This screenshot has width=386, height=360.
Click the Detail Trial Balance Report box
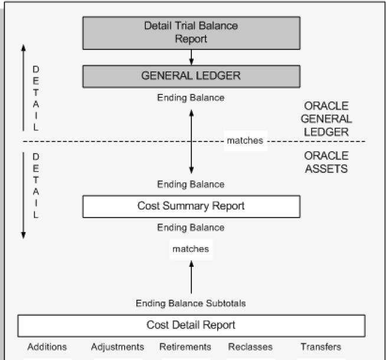click(x=191, y=32)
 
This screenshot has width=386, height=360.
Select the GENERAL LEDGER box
click(x=191, y=76)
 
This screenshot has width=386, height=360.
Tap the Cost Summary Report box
click(x=191, y=206)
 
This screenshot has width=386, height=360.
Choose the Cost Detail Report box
click(x=191, y=325)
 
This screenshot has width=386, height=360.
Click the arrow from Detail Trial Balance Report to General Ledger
click(x=191, y=57)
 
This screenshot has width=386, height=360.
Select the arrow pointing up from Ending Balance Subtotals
click(x=191, y=277)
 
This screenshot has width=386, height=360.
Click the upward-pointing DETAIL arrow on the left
click(x=22, y=86)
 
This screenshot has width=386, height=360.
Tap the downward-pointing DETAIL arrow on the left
click(x=24, y=195)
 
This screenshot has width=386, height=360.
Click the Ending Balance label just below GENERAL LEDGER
click(x=191, y=98)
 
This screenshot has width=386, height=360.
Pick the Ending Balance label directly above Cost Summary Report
click(x=191, y=184)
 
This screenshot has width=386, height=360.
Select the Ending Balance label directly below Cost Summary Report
click(x=191, y=227)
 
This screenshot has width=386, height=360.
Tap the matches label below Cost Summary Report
click(x=191, y=249)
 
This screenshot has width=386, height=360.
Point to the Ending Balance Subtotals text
click(x=191, y=303)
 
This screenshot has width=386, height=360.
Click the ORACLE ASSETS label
click(x=326, y=162)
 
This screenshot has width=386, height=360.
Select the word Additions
click(x=47, y=347)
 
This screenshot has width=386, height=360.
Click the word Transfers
click(x=320, y=347)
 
